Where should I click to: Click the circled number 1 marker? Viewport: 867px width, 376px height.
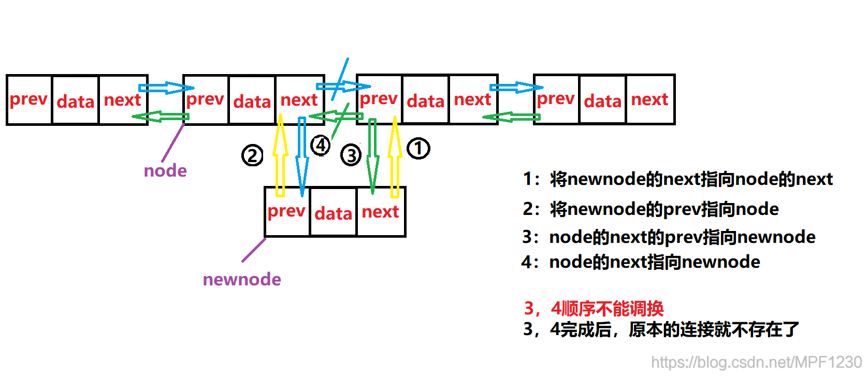point(418,148)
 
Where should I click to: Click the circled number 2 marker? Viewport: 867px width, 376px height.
point(252,155)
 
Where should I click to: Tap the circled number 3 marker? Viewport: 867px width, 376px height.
point(351,155)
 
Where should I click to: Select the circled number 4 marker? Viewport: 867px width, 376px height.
point(321,145)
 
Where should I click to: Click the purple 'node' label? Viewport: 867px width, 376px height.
point(165,170)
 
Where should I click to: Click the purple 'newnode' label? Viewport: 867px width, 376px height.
point(242,279)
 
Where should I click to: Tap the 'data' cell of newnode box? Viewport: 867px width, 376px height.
point(333,213)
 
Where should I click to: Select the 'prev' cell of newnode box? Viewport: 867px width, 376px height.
point(286,211)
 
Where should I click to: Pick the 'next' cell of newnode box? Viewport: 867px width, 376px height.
point(380,212)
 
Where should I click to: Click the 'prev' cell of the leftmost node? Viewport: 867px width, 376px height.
point(28,99)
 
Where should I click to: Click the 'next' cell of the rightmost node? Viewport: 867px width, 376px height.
point(649,99)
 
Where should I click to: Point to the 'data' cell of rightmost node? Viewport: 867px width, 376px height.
point(602,100)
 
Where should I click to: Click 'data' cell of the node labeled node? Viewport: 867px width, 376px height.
point(252,101)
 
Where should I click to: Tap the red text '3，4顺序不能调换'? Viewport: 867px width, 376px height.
point(594,308)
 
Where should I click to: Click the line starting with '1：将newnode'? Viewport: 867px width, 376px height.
point(677,179)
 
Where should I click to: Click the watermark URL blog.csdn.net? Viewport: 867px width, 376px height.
point(756,361)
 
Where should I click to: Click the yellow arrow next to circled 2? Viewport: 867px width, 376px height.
point(280,155)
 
